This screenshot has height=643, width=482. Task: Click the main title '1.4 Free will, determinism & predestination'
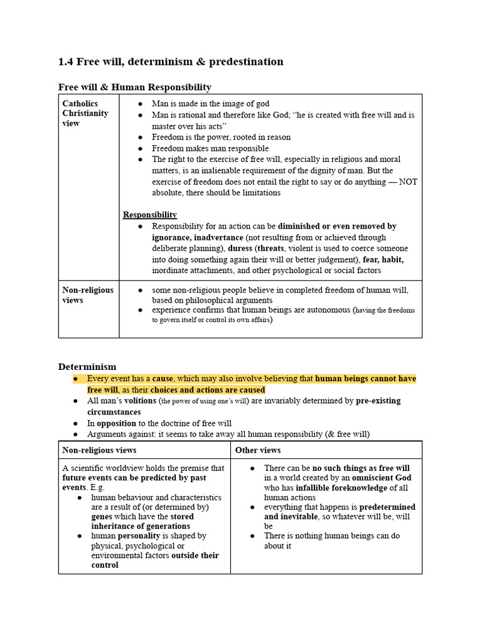click(x=171, y=62)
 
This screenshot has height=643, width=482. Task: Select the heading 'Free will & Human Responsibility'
click(x=135, y=87)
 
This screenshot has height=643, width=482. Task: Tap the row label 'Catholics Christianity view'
click(x=85, y=113)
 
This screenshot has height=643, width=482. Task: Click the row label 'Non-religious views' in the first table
click(x=88, y=295)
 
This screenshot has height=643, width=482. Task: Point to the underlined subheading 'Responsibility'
click(x=150, y=215)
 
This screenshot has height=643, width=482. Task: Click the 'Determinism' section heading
click(x=87, y=367)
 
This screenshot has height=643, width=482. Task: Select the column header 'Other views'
click(x=258, y=450)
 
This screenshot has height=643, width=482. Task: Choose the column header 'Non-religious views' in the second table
click(x=99, y=450)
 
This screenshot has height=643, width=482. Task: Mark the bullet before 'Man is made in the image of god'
click(x=140, y=104)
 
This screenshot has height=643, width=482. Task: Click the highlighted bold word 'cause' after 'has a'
click(x=163, y=379)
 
